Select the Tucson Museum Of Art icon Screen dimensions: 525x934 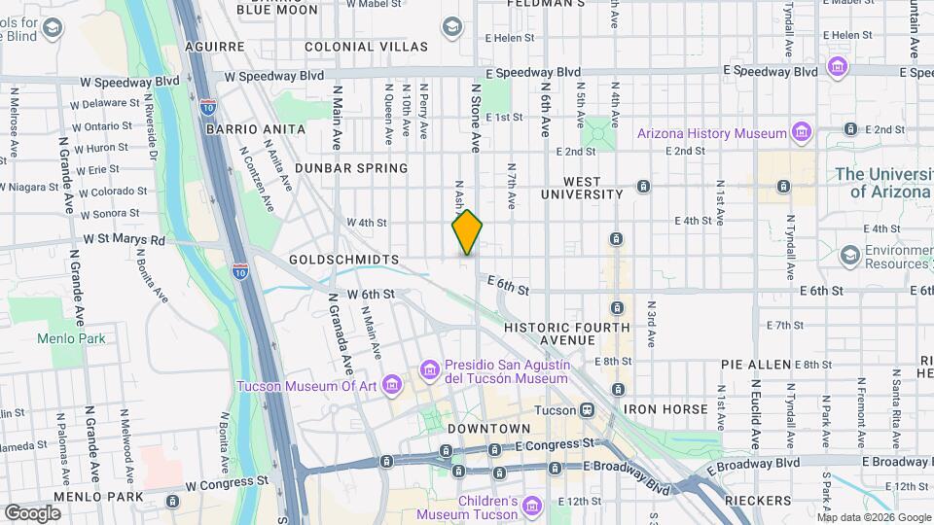(x=392, y=386)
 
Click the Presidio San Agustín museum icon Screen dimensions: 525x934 (x=429, y=369)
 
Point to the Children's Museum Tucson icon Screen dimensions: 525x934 (x=531, y=507)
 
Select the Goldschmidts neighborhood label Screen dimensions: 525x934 (x=344, y=261)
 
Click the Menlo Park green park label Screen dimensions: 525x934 (x=70, y=339)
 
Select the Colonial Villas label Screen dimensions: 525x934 (x=366, y=47)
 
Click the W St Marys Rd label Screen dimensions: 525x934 (x=124, y=239)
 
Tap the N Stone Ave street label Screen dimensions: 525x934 (x=476, y=117)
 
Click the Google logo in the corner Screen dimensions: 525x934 (x=32, y=512)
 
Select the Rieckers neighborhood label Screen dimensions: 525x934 (x=758, y=501)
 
